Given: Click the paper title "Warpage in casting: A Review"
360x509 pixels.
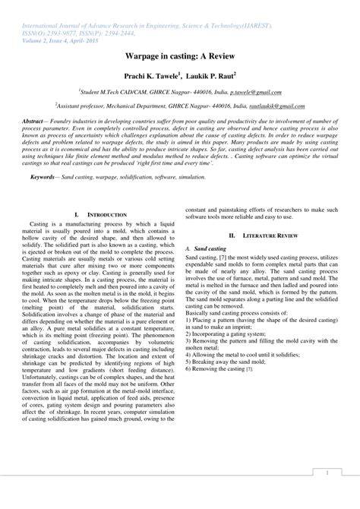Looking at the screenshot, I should pos(179,57).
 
